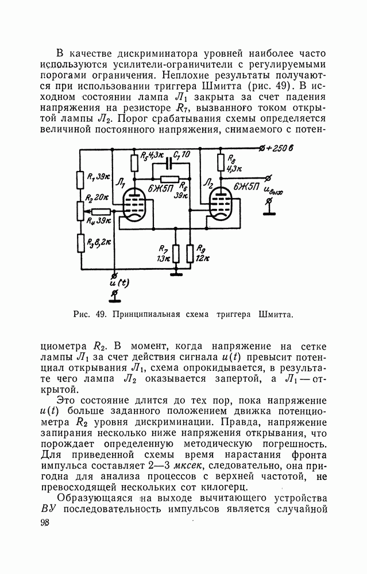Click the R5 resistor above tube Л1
[x=134, y=162]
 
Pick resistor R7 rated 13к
[x=176, y=253]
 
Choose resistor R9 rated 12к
[x=190, y=253]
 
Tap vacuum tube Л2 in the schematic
[x=221, y=204]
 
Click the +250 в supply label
[x=278, y=150]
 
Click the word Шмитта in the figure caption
[x=276, y=315]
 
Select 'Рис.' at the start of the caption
[x=82, y=315]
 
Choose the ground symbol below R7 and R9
[x=177, y=274]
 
